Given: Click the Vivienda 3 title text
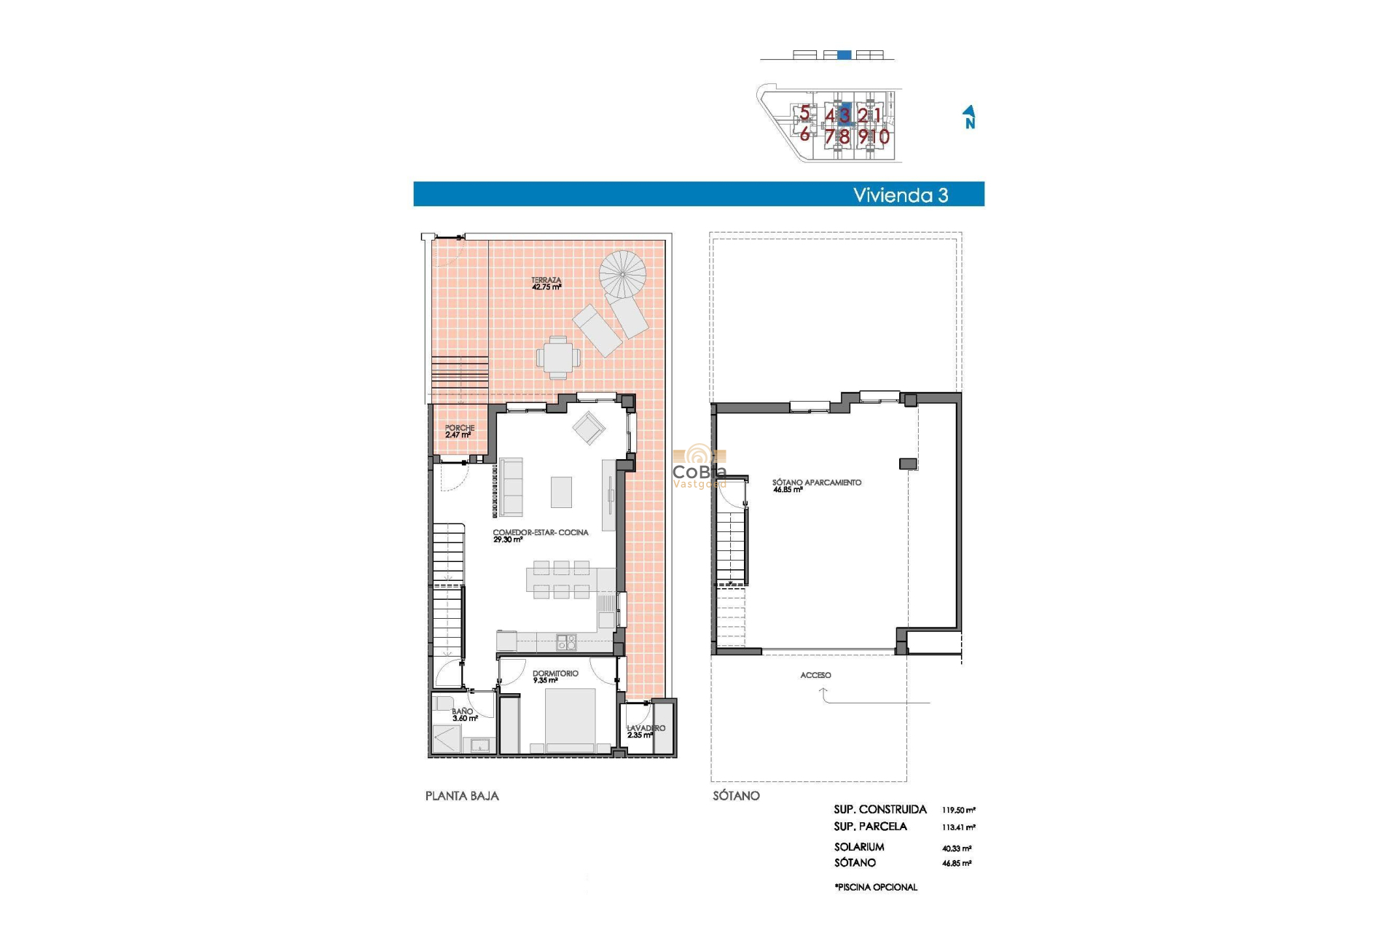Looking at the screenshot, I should pos(900,195).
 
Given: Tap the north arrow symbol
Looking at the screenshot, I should pos(969,117).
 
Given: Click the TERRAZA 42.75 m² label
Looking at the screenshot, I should pos(546,284).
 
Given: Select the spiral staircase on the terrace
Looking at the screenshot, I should pos(622,274).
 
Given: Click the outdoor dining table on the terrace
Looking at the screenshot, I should pos(558,358).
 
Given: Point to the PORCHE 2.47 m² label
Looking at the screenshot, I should pos(459,432).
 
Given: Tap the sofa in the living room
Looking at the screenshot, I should pos(511,487).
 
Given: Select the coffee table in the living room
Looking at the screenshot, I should pos(561,492).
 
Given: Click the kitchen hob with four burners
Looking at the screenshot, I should pos(566,642).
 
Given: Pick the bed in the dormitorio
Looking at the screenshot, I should pos(571,718).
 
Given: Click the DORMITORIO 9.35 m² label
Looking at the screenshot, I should pos(554,676).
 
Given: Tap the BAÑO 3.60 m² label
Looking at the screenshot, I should pos(463,714).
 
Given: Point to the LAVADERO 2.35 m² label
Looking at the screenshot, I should pos(645,731).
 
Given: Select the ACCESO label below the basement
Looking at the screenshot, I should pos(815,675).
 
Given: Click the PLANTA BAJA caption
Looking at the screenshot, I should pos(462,796).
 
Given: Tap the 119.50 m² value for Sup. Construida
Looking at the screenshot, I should pos(958,810).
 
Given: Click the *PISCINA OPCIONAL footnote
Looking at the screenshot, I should pos(876,887).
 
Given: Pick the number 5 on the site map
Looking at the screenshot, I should pos(804,113).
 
